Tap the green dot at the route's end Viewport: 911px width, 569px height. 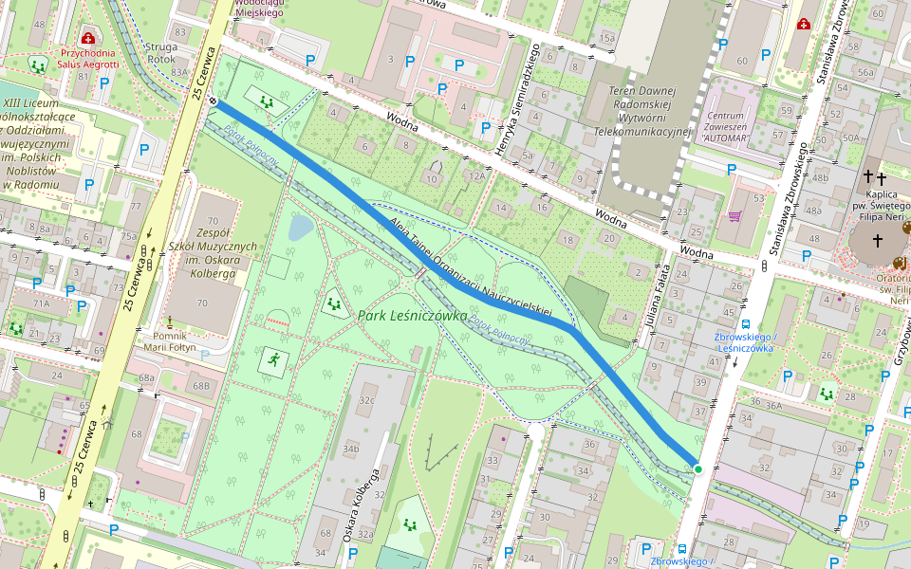point(697,468)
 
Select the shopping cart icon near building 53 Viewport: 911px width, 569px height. point(734,216)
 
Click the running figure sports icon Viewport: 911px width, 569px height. point(273,359)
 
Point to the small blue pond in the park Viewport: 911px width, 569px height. point(299,228)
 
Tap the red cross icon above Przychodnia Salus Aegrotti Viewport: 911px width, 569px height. point(88,38)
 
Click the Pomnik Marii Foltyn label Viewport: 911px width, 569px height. point(169,340)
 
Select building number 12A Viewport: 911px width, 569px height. point(475,177)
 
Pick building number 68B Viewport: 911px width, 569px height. point(200,386)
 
